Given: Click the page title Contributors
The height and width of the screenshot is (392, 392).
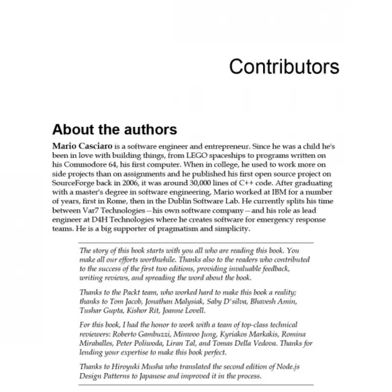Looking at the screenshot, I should [284, 67].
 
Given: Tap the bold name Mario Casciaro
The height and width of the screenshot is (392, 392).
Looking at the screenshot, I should [82, 146].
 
